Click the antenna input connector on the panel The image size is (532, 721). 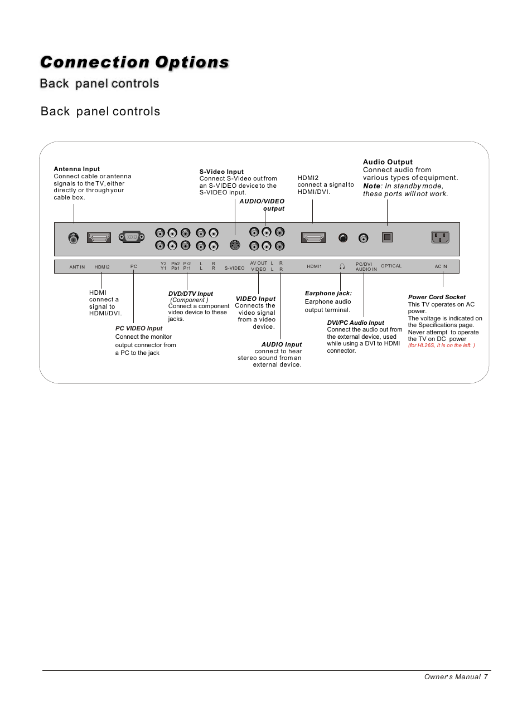[74, 238]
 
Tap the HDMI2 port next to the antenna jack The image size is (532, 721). [99, 237]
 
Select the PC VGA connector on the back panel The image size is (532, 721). [132, 237]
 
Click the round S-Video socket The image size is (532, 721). [235, 245]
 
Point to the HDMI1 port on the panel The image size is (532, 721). [313, 238]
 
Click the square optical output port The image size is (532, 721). [387, 237]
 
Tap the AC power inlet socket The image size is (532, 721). [440, 237]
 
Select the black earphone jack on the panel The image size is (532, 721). [343, 238]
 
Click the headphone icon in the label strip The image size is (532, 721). [342, 267]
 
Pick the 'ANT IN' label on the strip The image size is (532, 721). [77, 267]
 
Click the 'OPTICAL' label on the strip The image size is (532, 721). [391, 266]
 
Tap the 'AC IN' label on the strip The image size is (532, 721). [441, 267]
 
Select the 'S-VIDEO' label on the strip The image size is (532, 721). [234, 268]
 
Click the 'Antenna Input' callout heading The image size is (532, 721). [77, 169]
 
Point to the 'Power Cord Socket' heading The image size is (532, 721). [437, 297]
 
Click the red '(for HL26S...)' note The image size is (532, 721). [441, 345]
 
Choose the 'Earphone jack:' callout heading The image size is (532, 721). [328, 293]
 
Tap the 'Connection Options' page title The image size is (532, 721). [134, 62]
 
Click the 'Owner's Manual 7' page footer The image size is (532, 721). [456, 676]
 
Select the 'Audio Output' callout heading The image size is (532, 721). [388, 162]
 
